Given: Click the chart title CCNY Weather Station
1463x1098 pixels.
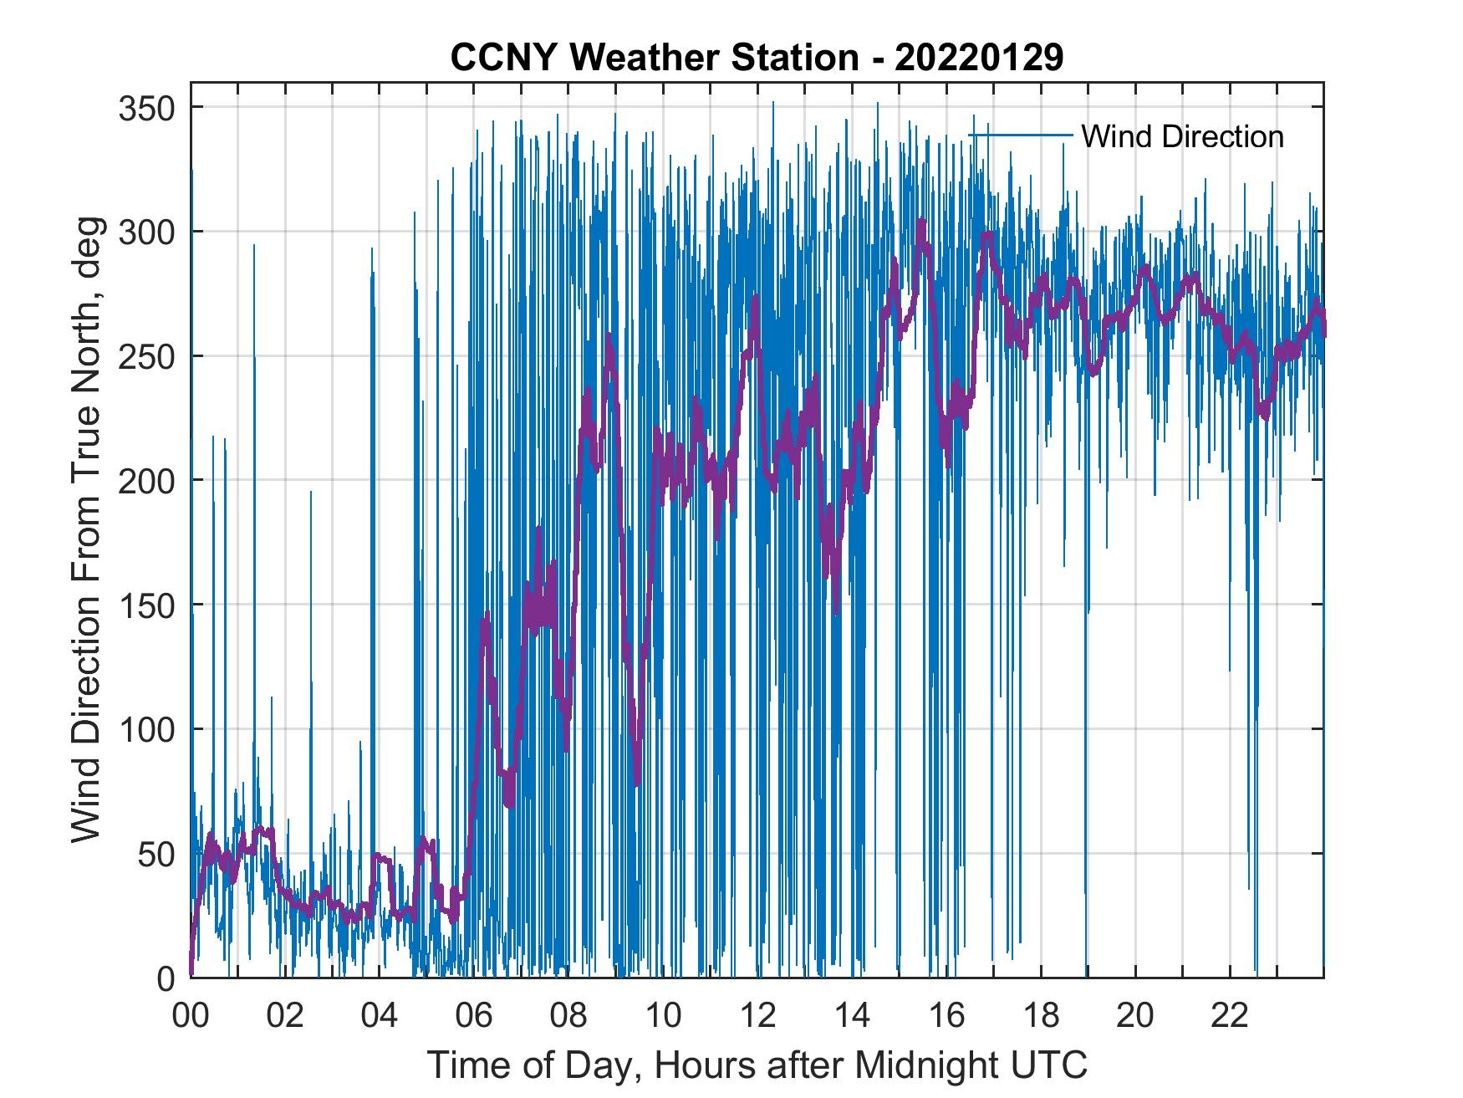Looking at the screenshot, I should point(654,58).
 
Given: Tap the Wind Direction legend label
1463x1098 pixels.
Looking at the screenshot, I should point(1182,136).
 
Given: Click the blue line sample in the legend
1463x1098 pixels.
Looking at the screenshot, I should point(1021,135).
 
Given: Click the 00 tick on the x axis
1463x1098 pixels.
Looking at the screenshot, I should point(191,1016).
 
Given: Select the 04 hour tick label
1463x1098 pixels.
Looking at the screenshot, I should point(380,1016).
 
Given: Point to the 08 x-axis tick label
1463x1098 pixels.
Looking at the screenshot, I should point(568,1016).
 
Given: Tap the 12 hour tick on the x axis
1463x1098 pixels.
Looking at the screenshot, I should point(757,1016).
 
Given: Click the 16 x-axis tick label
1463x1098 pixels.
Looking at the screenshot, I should point(947,1016).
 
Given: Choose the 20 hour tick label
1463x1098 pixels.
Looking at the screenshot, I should point(1136,1016).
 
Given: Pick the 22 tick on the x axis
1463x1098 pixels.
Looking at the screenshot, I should point(1231,1016).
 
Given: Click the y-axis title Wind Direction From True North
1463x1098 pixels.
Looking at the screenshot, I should point(86,529).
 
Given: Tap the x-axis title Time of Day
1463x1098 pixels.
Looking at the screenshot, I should point(757,1065).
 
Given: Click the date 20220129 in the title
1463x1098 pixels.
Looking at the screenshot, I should point(979,58).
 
